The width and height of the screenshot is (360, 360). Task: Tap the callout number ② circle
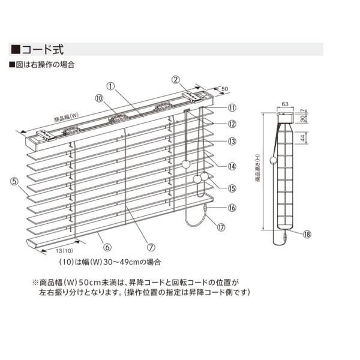[x=176, y=79]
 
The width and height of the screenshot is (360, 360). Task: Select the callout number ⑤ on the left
[x=13, y=179]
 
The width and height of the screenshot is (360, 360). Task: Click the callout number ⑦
[x=151, y=245]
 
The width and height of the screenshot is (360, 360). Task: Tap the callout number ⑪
[x=232, y=108]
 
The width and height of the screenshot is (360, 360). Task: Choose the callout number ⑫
[x=232, y=124]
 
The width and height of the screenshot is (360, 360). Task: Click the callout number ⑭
[x=232, y=166]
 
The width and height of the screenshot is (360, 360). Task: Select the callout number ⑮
[x=232, y=187]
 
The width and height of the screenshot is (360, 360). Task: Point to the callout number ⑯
[x=232, y=208]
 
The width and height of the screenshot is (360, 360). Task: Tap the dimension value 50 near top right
[x=225, y=89]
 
